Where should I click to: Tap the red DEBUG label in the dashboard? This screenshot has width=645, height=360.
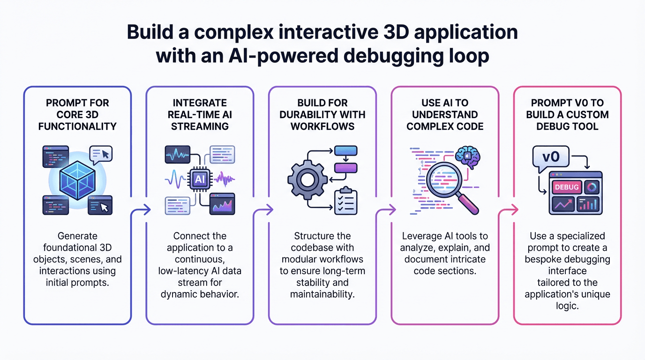567,187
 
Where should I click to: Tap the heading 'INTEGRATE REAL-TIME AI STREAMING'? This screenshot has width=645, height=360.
200,114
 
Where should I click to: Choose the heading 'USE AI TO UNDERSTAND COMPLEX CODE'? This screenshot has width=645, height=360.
445,114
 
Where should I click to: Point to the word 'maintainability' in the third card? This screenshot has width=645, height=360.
322,294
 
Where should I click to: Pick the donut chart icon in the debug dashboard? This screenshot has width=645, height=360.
592,187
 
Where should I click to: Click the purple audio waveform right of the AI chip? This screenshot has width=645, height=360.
225,179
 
